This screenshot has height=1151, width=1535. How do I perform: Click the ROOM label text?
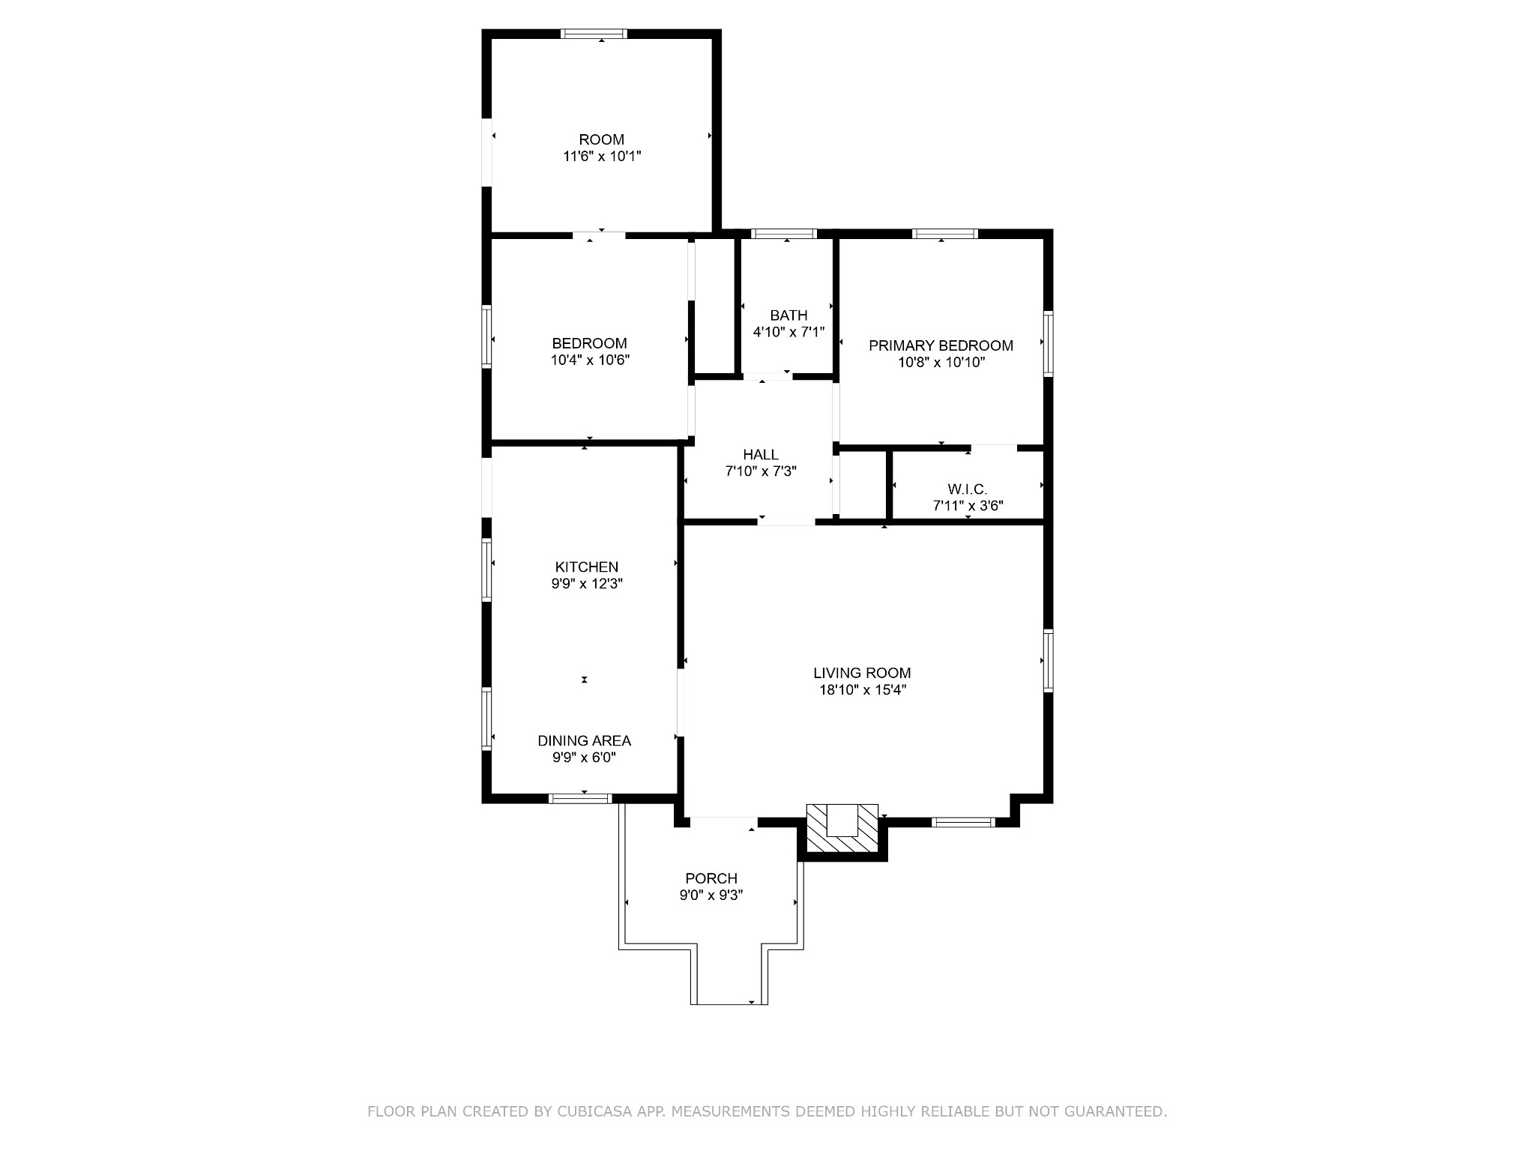click(601, 139)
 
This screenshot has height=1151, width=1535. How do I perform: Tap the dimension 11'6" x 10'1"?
click(602, 157)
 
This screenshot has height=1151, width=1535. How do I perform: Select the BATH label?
click(788, 315)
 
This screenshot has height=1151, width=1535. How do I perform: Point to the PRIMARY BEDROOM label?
click(941, 345)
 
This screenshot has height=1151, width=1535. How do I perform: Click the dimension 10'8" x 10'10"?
click(941, 363)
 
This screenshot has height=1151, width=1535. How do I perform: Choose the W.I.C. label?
click(968, 489)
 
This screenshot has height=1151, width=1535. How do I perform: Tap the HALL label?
click(761, 455)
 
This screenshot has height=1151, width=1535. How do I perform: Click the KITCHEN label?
click(587, 567)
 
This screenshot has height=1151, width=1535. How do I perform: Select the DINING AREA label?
click(585, 740)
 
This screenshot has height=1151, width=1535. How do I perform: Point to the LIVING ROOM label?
click(862, 673)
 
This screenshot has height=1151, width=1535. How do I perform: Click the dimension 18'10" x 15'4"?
click(863, 690)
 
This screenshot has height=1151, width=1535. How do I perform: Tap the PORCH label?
click(711, 878)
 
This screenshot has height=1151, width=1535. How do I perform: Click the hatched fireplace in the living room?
click(842, 828)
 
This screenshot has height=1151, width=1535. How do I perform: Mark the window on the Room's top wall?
click(594, 34)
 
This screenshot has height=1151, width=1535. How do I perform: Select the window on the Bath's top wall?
click(784, 234)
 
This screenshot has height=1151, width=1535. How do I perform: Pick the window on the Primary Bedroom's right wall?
click(1049, 343)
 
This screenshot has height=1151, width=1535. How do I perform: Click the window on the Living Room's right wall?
click(1049, 661)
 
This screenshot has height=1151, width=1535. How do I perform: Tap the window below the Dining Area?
click(580, 799)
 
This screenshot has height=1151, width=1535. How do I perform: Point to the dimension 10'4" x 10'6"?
click(590, 360)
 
